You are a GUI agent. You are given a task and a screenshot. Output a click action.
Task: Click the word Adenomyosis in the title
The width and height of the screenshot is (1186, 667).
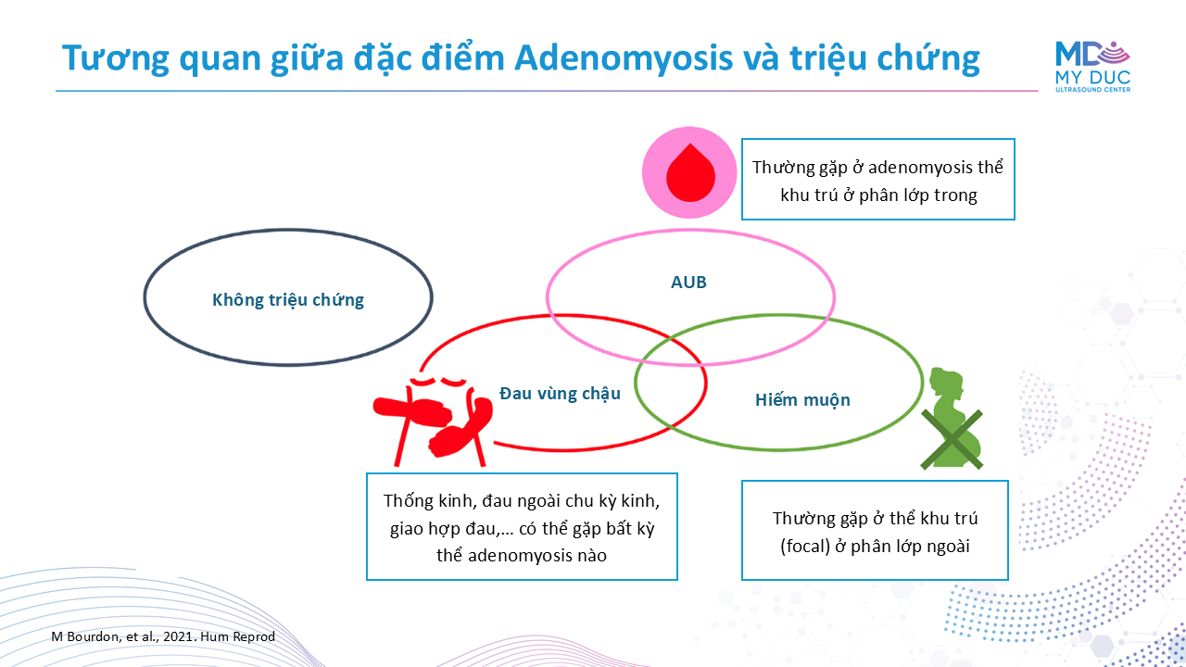click(624, 58)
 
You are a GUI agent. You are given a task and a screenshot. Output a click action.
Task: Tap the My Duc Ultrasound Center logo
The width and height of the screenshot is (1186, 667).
click(1092, 67)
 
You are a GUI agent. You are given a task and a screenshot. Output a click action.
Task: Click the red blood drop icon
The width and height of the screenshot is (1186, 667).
click(690, 172)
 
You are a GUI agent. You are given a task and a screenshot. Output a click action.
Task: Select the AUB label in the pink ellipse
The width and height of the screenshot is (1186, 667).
click(688, 283)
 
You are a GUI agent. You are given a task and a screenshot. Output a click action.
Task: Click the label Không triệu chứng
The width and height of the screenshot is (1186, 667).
click(288, 300)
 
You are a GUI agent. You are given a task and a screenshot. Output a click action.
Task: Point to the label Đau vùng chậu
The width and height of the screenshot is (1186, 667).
click(560, 394)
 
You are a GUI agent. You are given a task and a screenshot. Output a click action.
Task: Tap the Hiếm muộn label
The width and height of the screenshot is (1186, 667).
click(802, 399)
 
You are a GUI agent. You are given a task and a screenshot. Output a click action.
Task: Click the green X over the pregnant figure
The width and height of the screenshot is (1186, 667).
click(952, 439)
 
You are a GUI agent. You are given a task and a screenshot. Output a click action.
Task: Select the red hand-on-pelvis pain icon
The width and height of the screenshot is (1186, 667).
click(433, 421)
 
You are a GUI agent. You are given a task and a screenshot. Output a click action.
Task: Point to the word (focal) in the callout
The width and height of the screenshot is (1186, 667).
click(805, 546)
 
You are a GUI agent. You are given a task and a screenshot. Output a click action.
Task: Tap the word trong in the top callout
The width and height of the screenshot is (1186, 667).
click(955, 195)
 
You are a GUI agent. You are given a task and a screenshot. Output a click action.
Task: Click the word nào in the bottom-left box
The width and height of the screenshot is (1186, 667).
click(591, 555)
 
